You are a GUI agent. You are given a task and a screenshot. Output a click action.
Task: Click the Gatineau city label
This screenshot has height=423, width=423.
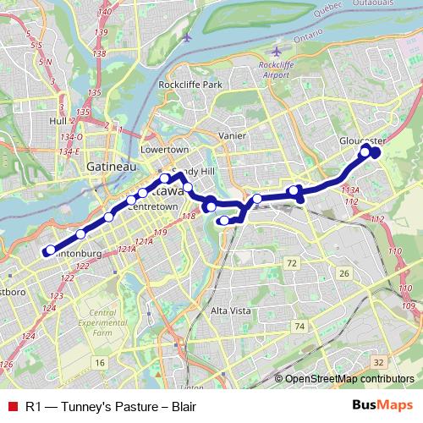112,168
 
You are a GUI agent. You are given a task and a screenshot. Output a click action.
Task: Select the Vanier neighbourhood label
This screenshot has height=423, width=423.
232,135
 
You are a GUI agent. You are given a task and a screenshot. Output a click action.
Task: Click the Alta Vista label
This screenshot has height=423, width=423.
230,311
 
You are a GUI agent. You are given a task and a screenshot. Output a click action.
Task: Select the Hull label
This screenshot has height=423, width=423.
58,121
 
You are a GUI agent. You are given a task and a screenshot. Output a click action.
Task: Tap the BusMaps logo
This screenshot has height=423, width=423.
376,406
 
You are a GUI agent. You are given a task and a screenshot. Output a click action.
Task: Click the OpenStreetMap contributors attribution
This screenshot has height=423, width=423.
349,379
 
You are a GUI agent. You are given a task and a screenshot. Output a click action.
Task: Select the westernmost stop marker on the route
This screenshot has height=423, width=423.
50,250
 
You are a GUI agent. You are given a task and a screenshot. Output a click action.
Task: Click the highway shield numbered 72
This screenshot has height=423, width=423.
291,265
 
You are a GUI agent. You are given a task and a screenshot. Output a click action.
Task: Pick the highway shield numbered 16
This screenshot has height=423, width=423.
100,362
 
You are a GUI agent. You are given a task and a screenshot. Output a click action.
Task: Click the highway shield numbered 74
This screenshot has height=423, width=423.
298,326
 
